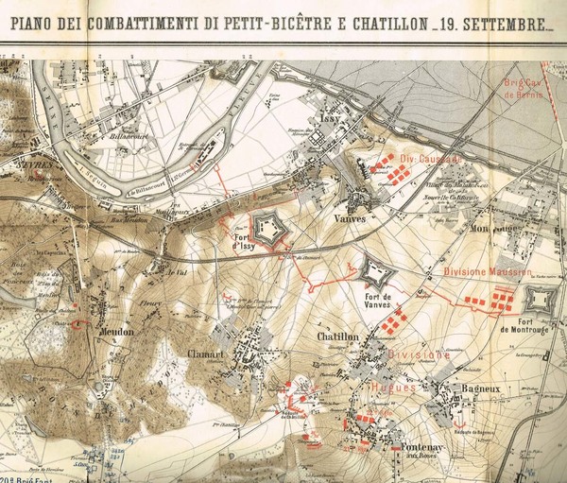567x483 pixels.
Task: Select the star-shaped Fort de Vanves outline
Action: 375,273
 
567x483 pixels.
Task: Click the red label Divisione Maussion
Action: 483,271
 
